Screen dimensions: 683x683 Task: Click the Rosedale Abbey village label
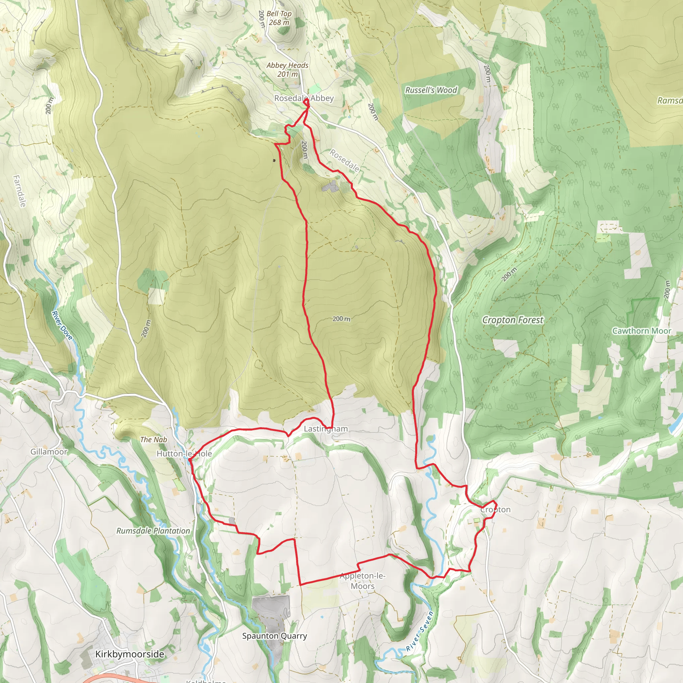tap(304, 98)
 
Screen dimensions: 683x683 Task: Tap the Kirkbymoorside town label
tap(129, 654)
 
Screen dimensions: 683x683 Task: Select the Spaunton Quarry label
tap(274, 636)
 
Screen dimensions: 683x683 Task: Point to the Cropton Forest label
tap(513, 320)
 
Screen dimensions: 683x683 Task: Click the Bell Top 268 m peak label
tap(278, 18)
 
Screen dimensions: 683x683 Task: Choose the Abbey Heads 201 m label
tap(287, 70)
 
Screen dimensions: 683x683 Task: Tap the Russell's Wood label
tap(431, 90)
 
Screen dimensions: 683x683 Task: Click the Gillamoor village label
tap(48, 452)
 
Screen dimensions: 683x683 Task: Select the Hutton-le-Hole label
tap(184, 454)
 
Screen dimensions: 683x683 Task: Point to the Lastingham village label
tap(325, 429)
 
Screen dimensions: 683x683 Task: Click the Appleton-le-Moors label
tap(363, 581)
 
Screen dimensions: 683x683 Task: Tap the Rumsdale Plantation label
tap(153, 531)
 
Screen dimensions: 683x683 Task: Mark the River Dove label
tap(62, 325)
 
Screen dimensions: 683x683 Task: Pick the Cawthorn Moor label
tap(641, 331)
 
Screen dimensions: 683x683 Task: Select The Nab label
tap(153, 440)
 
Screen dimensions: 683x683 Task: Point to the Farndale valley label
tap(19, 191)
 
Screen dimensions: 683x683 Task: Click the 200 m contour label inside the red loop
tap(341, 319)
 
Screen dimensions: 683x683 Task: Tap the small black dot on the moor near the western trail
tap(274, 160)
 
